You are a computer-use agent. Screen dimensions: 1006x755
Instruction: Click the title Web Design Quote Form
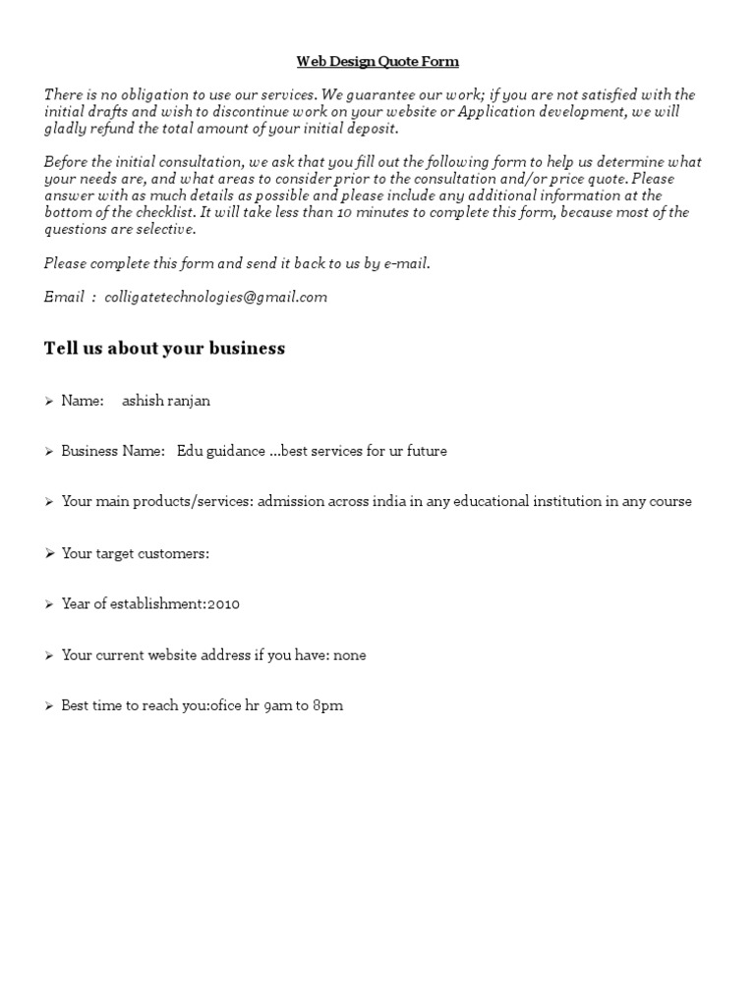tap(377, 62)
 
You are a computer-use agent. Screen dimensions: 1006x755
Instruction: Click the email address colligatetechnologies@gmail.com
tap(215, 297)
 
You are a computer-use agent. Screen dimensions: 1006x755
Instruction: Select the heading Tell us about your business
tap(164, 349)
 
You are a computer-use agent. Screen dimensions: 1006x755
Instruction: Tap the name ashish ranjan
tap(165, 401)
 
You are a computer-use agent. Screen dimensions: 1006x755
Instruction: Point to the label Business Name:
tap(113, 451)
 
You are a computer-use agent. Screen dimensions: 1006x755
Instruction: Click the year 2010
tap(223, 604)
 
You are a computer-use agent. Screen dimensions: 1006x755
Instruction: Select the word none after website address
tap(350, 655)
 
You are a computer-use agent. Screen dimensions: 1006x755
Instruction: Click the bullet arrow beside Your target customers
tap(49, 554)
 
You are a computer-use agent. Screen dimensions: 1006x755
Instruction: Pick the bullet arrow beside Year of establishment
tap(49, 605)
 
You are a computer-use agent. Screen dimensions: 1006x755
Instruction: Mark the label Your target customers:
tap(135, 553)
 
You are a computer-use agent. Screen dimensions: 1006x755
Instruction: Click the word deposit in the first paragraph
tap(373, 129)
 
